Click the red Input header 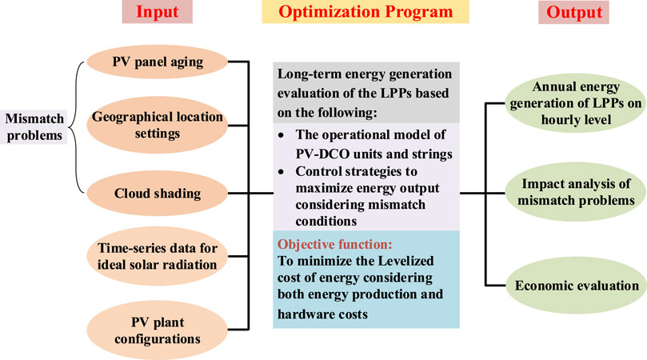(x=158, y=12)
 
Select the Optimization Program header (x=365, y=12)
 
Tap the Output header (x=574, y=12)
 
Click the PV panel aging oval (x=158, y=62)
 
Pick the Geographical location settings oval (x=158, y=125)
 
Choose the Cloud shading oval (x=158, y=194)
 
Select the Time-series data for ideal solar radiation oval (x=158, y=256)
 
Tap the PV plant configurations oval (x=158, y=330)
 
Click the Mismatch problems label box (x=34, y=127)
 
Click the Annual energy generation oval (x=576, y=103)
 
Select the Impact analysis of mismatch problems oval (x=576, y=192)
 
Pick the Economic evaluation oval (x=576, y=286)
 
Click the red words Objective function (x=334, y=245)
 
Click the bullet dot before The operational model (x=281, y=135)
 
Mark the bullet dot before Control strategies (x=281, y=172)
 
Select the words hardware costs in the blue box (x=322, y=314)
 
